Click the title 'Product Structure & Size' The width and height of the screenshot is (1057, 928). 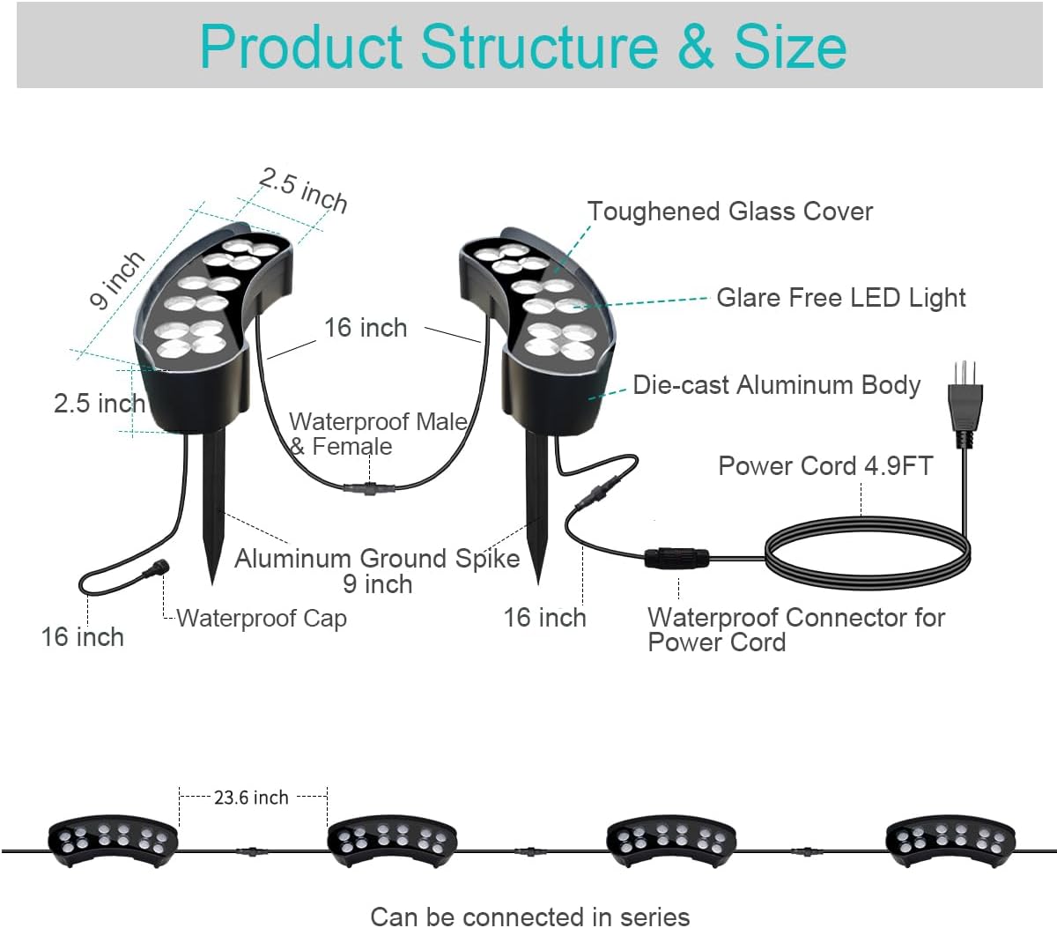click(523, 47)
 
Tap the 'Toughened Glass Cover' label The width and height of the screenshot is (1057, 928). click(729, 212)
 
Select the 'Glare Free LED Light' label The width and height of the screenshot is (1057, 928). click(840, 298)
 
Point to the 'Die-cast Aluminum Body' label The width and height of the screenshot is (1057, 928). click(776, 385)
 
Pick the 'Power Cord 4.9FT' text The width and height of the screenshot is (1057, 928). click(824, 465)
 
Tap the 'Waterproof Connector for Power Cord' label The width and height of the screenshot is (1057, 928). click(795, 629)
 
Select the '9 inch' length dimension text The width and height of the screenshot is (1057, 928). click(116, 279)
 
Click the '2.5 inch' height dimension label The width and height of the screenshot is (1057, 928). click(99, 404)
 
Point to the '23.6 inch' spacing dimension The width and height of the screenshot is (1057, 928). click(251, 798)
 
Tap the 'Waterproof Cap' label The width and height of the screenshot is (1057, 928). click(262, 619)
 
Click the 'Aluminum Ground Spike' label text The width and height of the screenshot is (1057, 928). click(377, 559)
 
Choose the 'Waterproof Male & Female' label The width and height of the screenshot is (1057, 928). click(377, 434)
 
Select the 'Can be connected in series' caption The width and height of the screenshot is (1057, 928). click(529, 917)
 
